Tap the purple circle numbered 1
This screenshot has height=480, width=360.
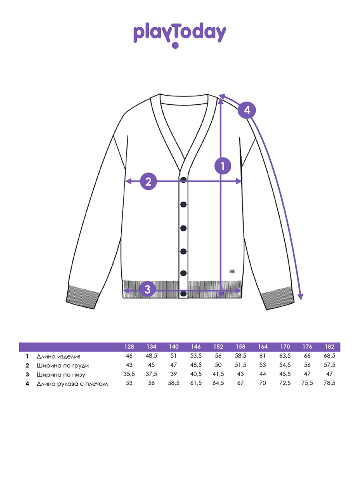tap(223, 166)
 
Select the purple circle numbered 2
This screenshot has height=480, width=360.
tap(148, 181)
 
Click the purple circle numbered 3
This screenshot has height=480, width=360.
tap(147, 289)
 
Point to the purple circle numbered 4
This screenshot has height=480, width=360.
tap(247, 110)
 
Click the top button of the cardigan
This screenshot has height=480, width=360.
tap(183, 180)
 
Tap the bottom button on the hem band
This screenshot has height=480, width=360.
tap(183, 294)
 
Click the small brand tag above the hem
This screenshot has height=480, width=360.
tap(232, 271)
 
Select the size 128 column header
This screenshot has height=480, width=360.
tap(129, 347)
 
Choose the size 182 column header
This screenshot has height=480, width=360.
tap(329, 347)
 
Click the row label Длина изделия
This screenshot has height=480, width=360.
tap(58, 357)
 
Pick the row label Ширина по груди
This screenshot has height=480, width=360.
tap(62, 366)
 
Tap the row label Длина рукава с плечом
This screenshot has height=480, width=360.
tap(72, 384)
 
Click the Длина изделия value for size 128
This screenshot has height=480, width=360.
tap(129, 356)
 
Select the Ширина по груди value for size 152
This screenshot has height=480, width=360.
tap(218, 365)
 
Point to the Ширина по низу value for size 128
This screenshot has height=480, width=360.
tap(129, 374)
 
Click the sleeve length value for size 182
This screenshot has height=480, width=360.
tap(329, 383)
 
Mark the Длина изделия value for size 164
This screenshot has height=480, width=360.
tap(262, 356)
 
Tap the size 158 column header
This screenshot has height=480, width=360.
tap(240, 347)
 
